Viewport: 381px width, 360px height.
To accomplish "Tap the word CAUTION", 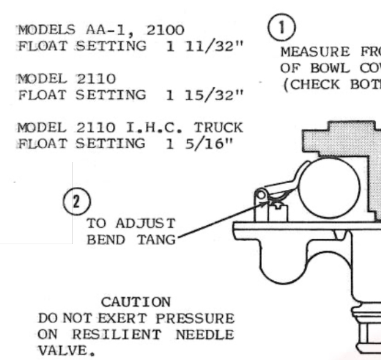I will [136, 302].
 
